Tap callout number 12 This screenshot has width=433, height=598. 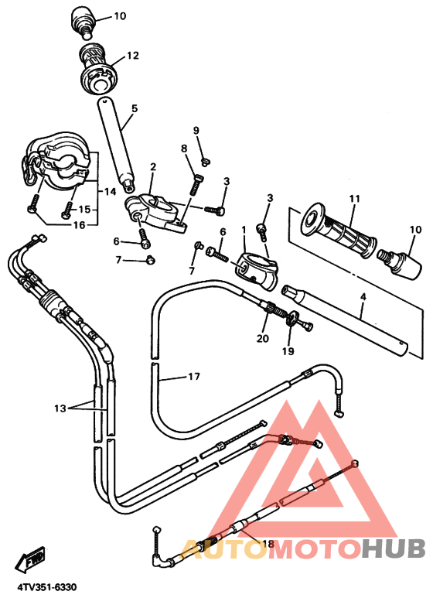click(x=133, y=56)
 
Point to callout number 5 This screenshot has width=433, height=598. click(x=135, y=108)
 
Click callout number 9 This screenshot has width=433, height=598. click(x=196, y=131)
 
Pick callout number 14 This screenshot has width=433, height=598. click(x=110, y=191)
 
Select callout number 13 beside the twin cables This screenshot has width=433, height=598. click(x=60, y=408)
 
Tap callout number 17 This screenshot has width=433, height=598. click(x=194, y=377)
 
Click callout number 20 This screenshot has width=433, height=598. click(x=263, y=338)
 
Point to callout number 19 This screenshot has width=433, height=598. click(x=288, y=351)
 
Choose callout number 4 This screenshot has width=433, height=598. click(x=363, y=296)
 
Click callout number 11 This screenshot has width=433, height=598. click(x=354, y=199)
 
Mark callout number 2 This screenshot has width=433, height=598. click(x=153, y=166)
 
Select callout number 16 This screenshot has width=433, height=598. click(x=80, y=225)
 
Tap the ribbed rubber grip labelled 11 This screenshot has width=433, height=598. click(x=339, y=231)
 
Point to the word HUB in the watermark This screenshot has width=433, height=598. click(x=394, y=548)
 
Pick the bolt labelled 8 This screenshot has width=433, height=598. click(x=196, y=185)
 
